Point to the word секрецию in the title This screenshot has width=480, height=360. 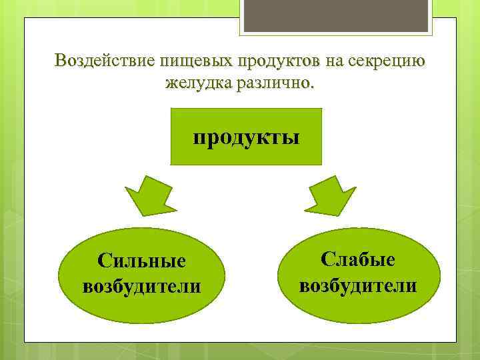[x=385, y=61]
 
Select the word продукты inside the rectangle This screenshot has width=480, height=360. [x=246, y=138]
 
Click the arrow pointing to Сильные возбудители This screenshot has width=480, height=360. [x=151, y=193]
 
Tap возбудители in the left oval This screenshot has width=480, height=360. [x=141, y=287]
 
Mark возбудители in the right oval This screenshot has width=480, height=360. [x=358, y=285]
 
